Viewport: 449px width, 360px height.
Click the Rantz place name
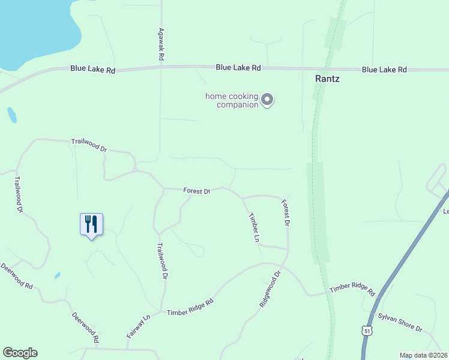pos(328,79)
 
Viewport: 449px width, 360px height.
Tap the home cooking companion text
pos(232,100)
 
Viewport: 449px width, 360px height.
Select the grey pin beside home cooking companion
pos(268,100)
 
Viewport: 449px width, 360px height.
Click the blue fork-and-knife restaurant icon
pos(91,224)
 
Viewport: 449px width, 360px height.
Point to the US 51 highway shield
pos(367,330)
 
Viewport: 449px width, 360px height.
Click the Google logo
pos(20,353)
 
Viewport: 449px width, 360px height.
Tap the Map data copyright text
pos(423,355)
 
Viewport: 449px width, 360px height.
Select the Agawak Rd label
pos(161,45)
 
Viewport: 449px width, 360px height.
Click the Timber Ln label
pos(254,227)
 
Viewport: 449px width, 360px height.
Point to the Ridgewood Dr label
pos(270,290)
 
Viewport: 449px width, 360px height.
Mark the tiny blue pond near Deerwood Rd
pos(56,275)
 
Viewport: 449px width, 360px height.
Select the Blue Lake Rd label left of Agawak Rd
pos(92,70)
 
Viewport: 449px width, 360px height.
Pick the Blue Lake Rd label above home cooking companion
pos(238,68)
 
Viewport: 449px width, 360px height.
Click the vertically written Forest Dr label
pos(286,213)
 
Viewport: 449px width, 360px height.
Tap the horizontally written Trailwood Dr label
pos(88,144)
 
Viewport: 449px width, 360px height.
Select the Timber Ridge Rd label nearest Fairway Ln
pos(190,308)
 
